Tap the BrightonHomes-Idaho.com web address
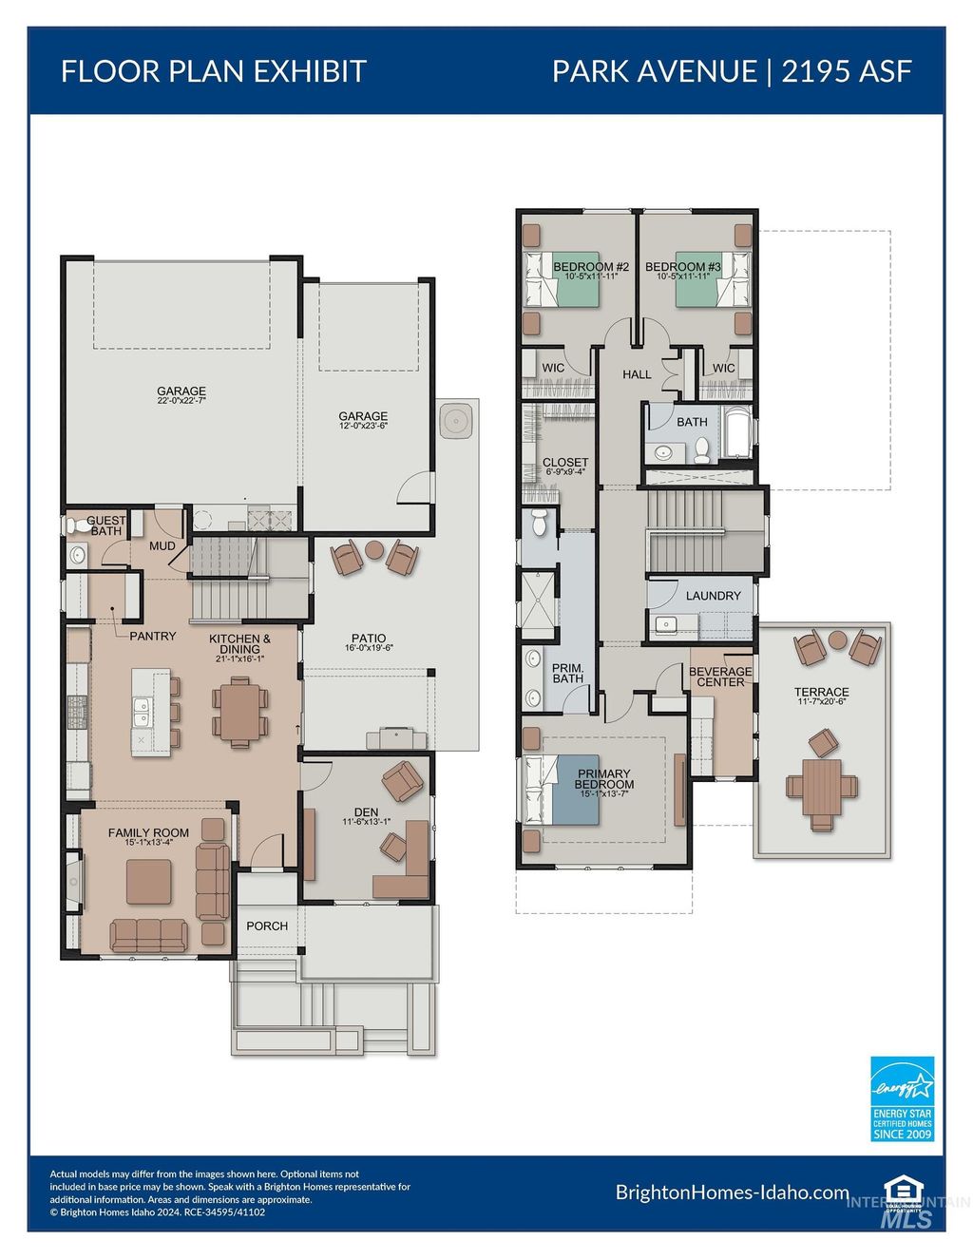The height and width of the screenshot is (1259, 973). (x=732, y=1192)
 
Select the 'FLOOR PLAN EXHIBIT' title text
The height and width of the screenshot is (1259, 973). (x=214, y=71)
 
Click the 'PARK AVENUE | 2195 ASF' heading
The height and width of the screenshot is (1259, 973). (x=732, y=71)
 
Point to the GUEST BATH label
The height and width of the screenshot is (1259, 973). (x=105, y=525)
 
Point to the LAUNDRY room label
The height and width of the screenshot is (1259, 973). (x=713, y=596)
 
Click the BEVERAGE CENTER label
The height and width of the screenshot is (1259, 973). (x=720, y=677)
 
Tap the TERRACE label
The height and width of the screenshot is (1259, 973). (x=822, y=693)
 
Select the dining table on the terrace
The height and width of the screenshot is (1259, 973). (x=822, y=787)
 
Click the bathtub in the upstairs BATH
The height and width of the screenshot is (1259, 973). (x=736, y=432)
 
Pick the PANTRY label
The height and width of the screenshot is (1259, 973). (x=153, y=636)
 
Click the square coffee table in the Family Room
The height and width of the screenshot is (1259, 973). (x=149, y=882)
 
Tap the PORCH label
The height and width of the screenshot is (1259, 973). (x=267, y=925)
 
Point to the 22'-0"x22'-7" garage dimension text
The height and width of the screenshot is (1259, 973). (x=181, y=402)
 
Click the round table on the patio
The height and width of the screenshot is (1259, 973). (x=374, y=549)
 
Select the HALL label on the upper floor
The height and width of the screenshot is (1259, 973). (x=637, y=374)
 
